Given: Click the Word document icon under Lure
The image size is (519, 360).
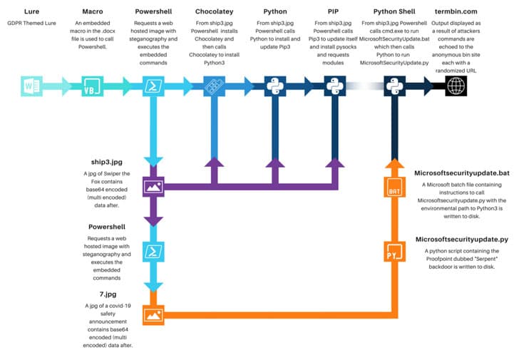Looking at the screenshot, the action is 31,86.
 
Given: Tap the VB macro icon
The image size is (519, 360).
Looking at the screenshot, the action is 93,86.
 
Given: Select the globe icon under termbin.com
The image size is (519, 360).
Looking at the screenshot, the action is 456,86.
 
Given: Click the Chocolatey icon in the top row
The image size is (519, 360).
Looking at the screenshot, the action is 214,86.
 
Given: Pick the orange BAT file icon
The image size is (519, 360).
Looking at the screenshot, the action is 394,187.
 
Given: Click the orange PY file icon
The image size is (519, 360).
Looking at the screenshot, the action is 394,252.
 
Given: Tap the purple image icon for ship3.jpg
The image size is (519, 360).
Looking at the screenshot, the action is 153,187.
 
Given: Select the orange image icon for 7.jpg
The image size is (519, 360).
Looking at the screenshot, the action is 153,315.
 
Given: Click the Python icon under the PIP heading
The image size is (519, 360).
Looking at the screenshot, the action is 335,86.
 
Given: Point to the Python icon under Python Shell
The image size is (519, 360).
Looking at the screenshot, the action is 394,86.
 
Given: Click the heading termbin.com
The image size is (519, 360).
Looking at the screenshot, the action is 456,11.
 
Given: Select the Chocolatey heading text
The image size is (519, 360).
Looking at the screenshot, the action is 214,11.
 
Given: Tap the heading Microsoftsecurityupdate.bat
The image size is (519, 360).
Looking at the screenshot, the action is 462,173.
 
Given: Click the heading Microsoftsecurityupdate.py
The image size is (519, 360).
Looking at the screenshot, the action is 462,240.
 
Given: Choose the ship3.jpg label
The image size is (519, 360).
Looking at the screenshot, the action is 107,162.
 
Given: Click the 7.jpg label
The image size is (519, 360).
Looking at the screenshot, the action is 108,294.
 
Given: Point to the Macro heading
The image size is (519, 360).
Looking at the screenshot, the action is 93,11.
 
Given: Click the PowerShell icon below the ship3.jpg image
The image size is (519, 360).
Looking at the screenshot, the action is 153,252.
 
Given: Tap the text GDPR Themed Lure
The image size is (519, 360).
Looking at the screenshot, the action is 31,23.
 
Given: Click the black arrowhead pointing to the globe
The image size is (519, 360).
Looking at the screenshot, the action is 429,86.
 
